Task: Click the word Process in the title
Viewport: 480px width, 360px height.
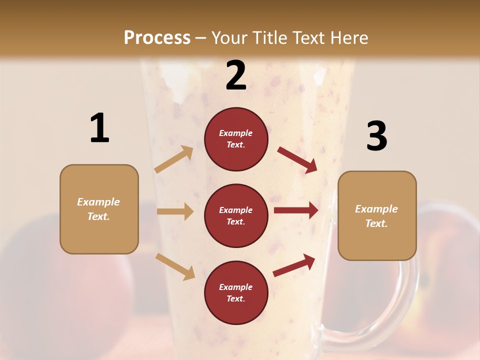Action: tap(157, 37)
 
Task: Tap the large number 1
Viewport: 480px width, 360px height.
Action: tap(99, 128)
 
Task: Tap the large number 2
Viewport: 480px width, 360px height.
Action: tap(236, 75)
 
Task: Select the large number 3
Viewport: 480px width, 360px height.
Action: tap(376, 136)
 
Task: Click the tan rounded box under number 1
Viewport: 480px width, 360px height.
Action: tap(99, 209)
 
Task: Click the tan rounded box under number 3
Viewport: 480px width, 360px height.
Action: tap(377, 215)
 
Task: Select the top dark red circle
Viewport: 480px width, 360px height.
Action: tap(236, 139)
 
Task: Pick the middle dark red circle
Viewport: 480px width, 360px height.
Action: tap(236, 215)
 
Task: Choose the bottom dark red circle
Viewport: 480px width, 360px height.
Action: tap(236, 292)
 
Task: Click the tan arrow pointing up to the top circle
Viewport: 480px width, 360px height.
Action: tap(174, 159)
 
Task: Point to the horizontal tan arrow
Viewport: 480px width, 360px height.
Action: tap(175, 211)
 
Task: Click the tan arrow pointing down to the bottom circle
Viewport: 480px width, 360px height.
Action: tap(175, 266)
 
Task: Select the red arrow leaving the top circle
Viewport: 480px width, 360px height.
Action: tap(297, 160)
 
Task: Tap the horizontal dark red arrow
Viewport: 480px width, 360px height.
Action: tap(296, 210)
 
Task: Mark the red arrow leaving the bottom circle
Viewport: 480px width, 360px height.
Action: tap(294, 265)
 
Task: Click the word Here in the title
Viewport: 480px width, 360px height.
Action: tap(348, 37)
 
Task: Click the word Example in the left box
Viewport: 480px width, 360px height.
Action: tap(98, 202)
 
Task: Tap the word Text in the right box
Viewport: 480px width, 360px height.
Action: tap(376, 223)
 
